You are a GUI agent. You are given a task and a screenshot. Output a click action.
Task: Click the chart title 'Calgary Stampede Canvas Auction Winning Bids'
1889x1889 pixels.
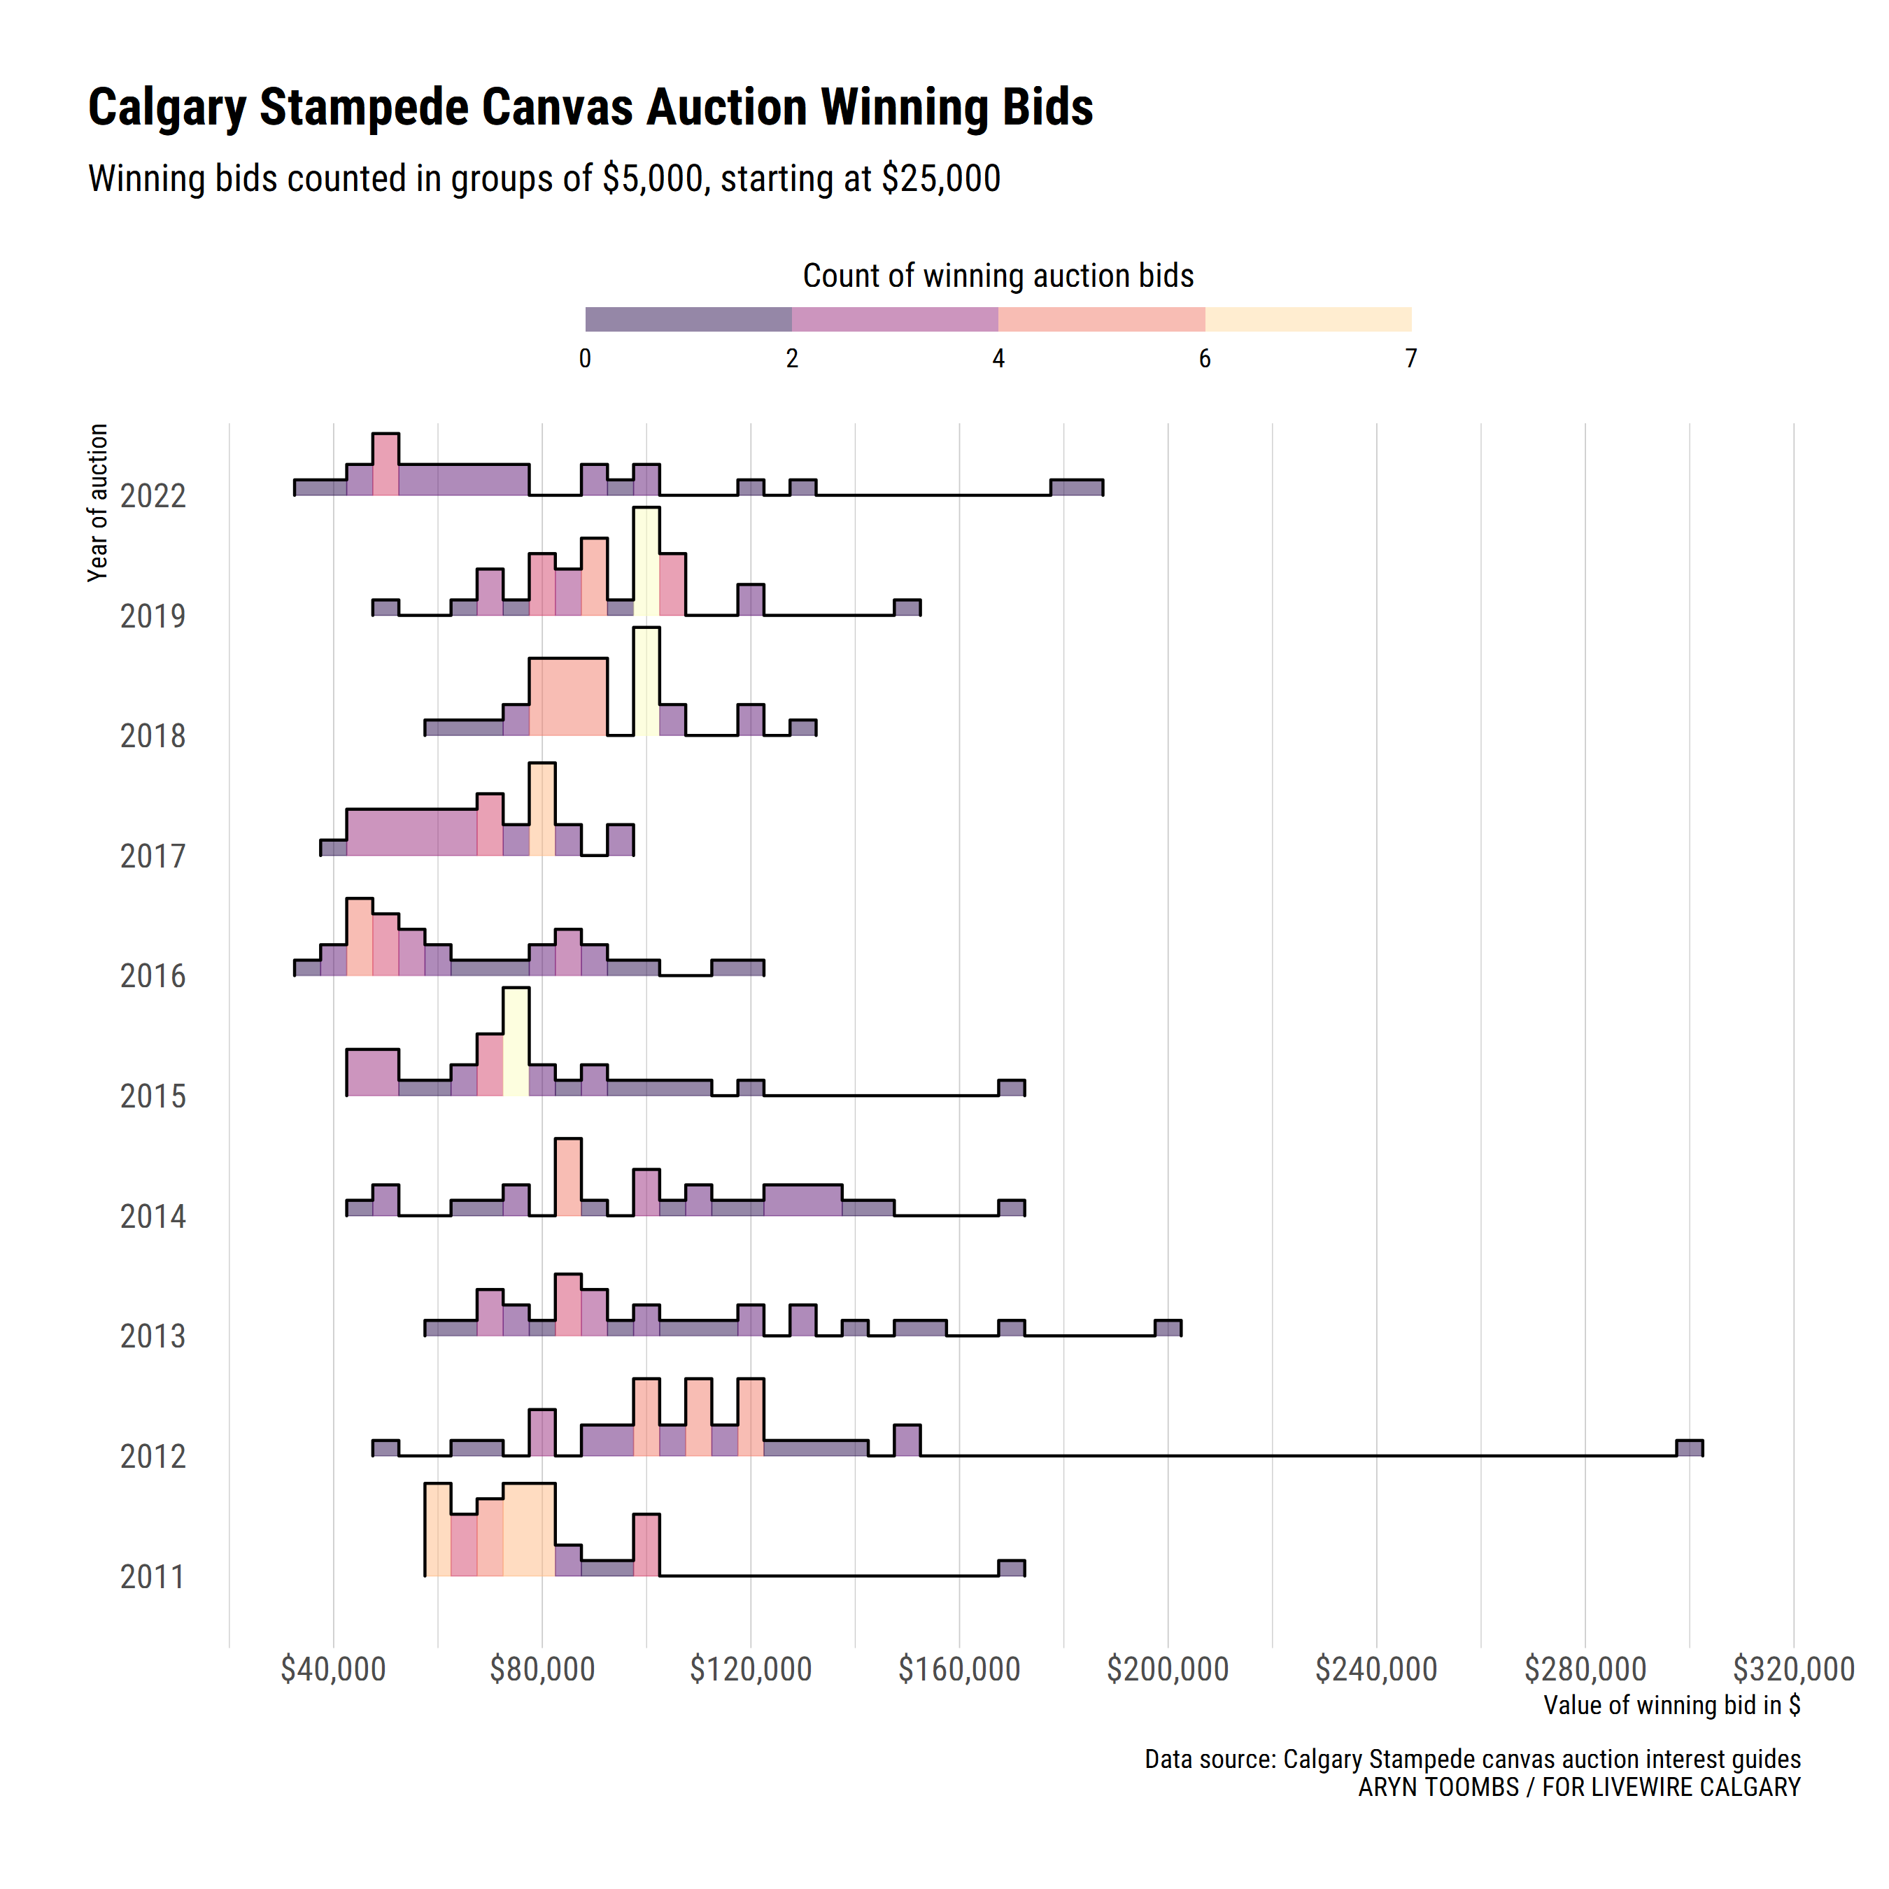590,108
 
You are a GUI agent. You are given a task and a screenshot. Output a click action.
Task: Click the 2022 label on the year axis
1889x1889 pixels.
153,497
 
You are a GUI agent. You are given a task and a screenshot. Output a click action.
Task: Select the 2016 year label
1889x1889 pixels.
153,976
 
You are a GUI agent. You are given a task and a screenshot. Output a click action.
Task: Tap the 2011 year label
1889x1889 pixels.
153,1577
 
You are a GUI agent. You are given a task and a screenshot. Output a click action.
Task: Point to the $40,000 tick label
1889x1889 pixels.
334,1669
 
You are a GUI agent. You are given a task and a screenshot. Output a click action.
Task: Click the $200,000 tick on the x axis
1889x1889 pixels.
1168,1669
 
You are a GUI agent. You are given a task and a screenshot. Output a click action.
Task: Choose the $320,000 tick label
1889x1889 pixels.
1793,1669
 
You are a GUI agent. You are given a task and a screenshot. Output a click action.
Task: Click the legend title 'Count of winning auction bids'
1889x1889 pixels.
998,276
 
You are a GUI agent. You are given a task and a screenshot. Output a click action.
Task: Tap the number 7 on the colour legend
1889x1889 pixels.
1411,359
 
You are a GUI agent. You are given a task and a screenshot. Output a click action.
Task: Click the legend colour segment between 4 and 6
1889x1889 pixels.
1101,320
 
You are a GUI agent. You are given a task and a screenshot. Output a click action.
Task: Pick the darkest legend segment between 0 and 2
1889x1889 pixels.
688,320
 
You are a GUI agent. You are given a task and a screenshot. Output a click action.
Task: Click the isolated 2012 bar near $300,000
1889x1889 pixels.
1690,1448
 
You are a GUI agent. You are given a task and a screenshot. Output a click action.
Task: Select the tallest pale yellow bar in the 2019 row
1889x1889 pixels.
646,563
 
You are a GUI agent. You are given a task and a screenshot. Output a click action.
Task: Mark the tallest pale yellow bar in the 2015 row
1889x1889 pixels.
516,1042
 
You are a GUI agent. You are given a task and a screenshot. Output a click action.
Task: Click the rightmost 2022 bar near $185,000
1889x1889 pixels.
1077,488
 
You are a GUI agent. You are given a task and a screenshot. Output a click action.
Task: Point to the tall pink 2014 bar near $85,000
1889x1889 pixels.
568,1177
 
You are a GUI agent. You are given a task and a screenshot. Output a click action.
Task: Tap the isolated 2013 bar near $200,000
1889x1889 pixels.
1168,1328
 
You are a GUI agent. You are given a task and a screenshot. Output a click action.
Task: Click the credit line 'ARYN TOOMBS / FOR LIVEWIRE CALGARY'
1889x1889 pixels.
1579,1788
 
